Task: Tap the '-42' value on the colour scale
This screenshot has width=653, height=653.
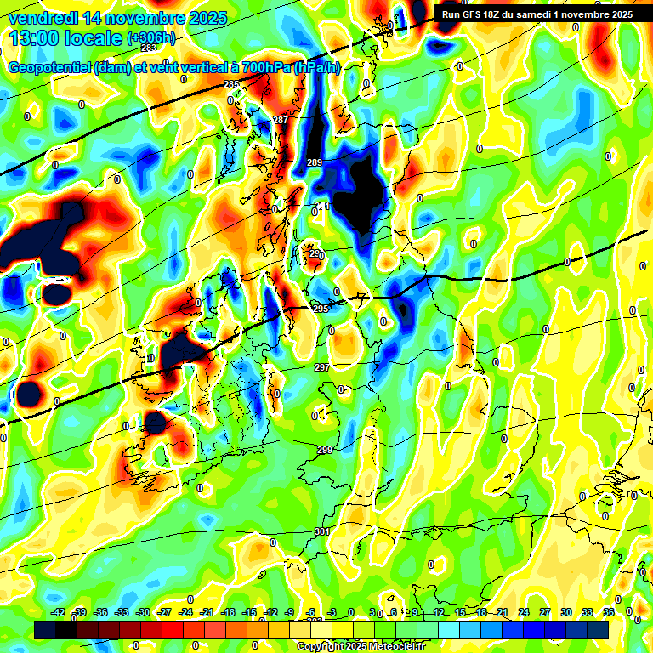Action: click(59, 613)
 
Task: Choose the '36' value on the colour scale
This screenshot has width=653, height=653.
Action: click(608, 613)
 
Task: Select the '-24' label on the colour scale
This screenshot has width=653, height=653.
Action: click(185, 613)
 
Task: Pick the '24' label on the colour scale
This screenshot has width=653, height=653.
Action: click(524, 613)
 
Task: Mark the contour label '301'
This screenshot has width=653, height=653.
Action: click(322, 531)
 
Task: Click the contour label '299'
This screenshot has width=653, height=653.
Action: click(325, 450)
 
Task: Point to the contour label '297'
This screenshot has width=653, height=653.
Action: click(321, 367)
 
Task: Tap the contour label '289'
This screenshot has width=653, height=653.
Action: click(315, 162)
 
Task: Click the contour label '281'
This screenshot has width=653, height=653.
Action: click(149, 71)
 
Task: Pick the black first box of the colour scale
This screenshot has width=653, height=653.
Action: click(45, 629)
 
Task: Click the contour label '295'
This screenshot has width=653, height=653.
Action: click(321, 309)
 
